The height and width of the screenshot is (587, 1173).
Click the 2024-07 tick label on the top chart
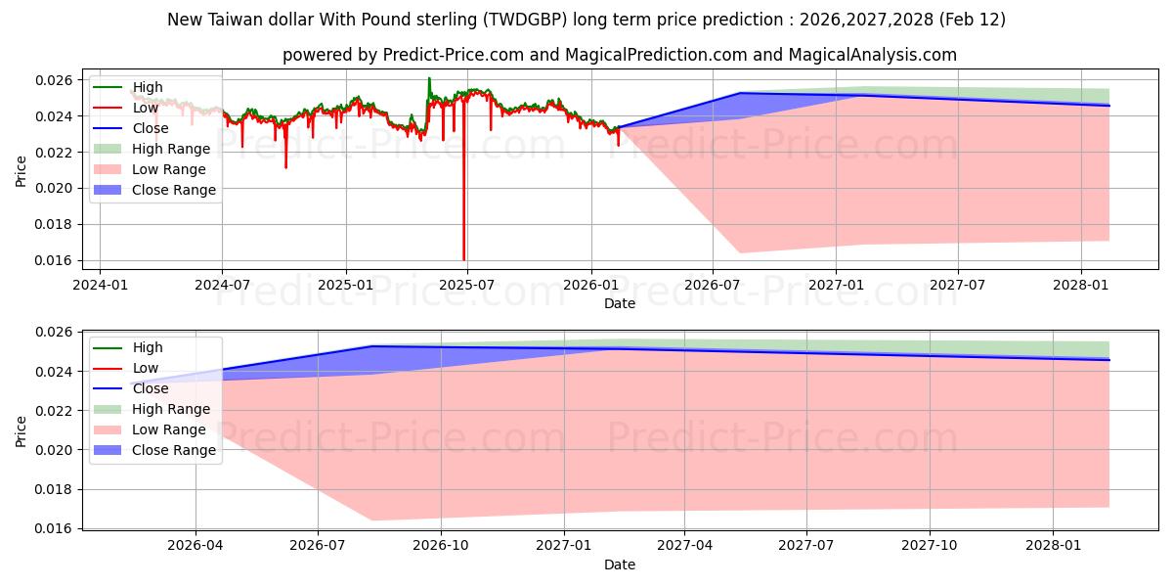(x=222, y=284)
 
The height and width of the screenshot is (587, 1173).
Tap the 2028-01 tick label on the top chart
(x=1081, y=284)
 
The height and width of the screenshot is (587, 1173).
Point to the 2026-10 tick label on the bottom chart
(x=441, y=545)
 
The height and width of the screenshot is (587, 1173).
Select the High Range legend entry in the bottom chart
(x=170, y=409)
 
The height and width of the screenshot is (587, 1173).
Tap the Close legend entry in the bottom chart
(x=150, y=388)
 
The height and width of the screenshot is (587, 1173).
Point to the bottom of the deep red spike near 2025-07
(x=463, y=259)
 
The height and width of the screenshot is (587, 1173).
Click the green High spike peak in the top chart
(x=428, y=78)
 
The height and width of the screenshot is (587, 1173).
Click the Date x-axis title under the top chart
(x=619, y=303)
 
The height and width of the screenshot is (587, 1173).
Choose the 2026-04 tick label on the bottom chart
(x=195, y=545)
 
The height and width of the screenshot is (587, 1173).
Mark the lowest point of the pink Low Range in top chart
(x=739, y=253)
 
